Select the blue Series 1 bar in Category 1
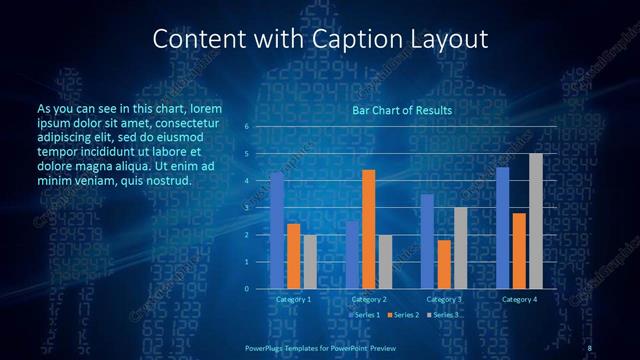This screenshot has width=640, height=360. coord(277,231)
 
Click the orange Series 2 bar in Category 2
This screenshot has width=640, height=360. coord(369,229)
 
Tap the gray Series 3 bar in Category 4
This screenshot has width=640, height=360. coord(536,221)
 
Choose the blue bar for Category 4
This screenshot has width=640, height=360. coord(502,228)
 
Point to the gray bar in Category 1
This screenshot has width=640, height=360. coord(310,261)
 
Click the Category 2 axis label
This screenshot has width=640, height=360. coord(369,299)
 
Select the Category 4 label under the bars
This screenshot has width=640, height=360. coord(519,299)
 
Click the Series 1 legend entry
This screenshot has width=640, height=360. coord(365,315)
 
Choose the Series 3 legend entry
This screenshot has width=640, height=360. coord(443,315)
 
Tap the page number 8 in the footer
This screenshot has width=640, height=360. coord(590,347)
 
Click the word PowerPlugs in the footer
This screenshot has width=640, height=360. coord(267,347)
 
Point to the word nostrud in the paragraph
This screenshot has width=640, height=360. coord(167,181)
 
